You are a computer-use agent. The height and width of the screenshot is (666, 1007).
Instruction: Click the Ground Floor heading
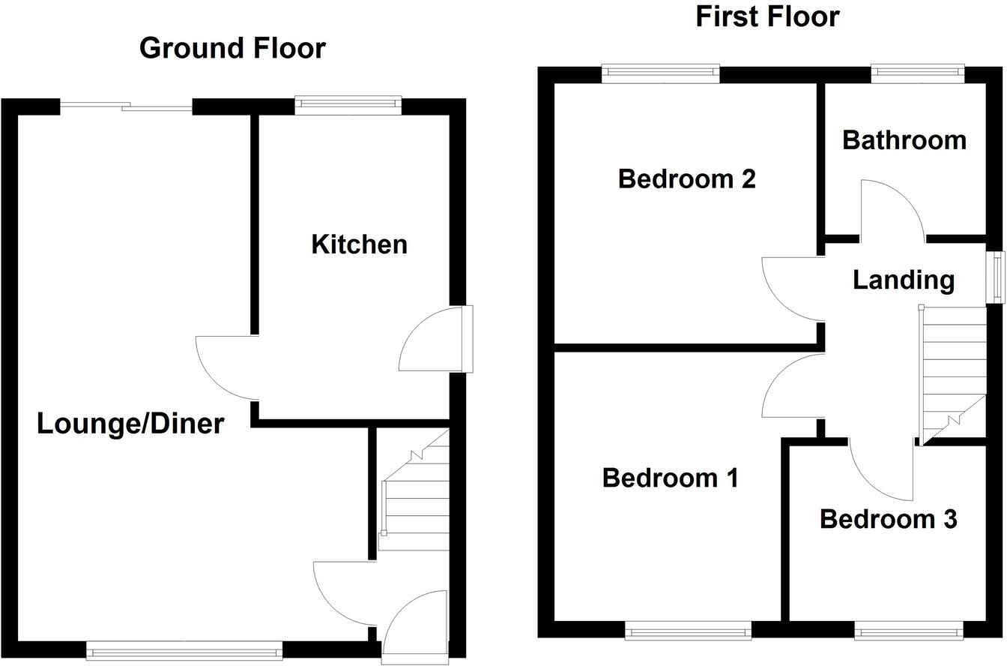click(x=232, y=48)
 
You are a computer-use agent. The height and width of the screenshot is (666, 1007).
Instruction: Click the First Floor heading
click(x=767, y=16)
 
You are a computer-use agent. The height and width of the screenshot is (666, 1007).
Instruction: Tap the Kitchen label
click(x=359, y=244)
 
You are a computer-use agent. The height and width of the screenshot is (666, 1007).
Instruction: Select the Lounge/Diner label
click(x=130, y=424)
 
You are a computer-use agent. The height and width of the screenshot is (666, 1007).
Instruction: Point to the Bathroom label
click(x=904, y=140)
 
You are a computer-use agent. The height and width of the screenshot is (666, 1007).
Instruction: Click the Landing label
click(x=904, y=280)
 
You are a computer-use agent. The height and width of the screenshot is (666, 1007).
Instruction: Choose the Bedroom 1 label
click(x=670, y=478)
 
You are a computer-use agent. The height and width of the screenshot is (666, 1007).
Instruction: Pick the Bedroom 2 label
click(x=686, y=179)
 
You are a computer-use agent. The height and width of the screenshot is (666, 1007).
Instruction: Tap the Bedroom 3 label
click(x=888, y=519)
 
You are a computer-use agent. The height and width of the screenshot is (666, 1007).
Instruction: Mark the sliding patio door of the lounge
click(x=126, y=107)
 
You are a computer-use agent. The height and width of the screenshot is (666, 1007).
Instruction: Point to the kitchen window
click(x=348, y=106)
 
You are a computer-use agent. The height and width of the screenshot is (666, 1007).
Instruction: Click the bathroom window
click(x=917, y=73)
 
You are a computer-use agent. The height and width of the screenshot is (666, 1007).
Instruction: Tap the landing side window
click(x=997, y=277)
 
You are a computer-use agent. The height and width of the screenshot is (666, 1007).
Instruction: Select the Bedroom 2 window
click(x=659, y=73)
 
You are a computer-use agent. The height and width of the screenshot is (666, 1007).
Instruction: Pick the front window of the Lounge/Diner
click(x=184, y=650)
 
